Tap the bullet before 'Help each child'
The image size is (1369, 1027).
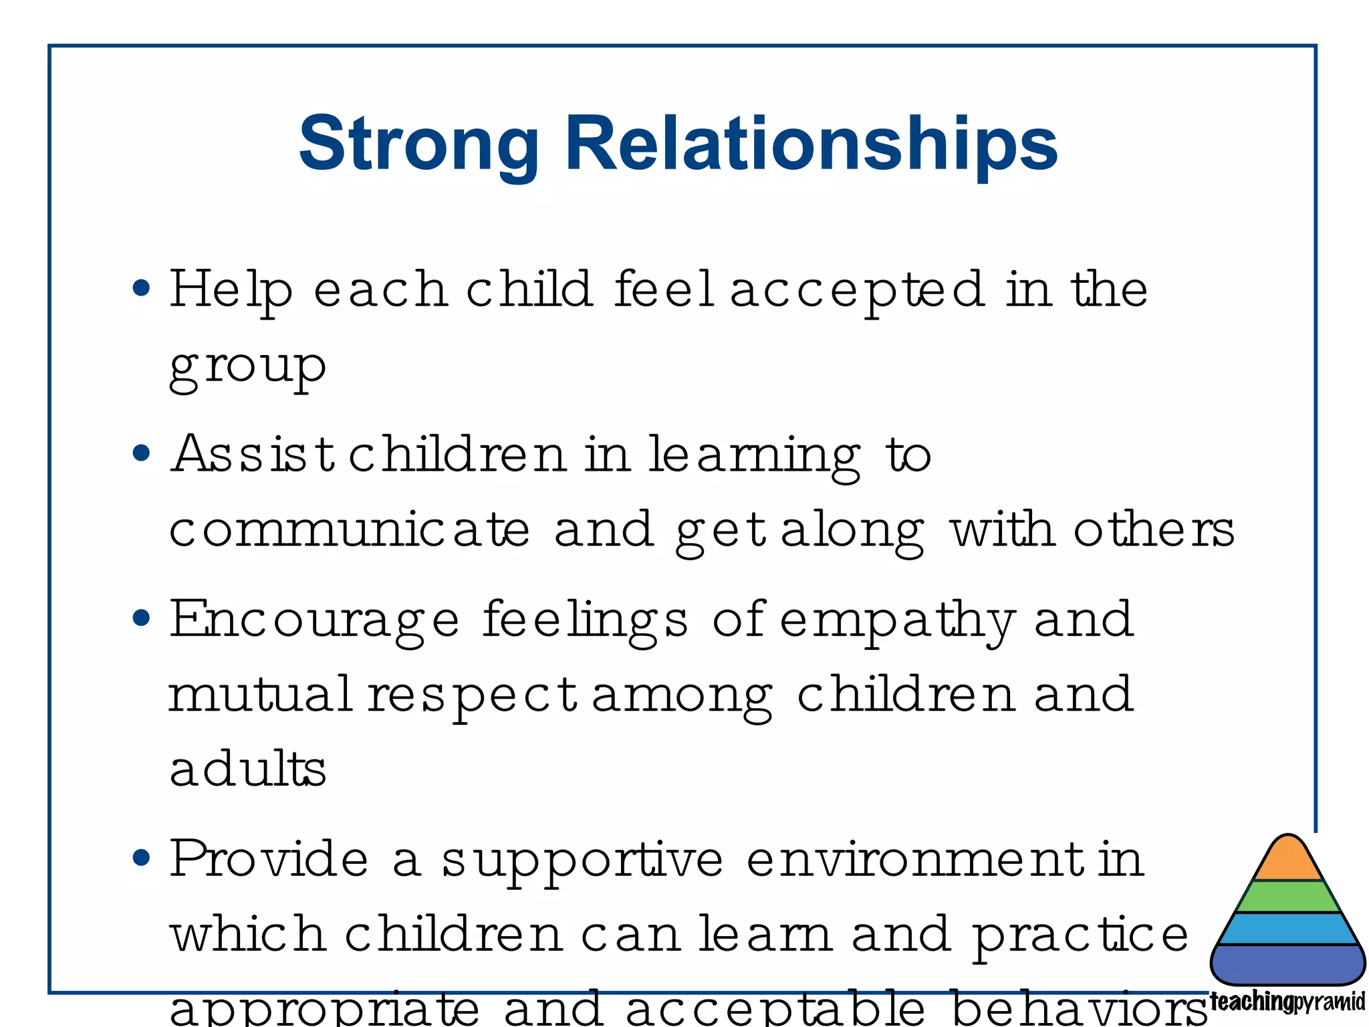point(141,288)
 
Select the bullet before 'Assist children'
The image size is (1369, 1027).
point(141,453)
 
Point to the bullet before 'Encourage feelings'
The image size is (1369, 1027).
point(141,618)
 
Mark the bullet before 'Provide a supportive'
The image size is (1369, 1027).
point(141,857)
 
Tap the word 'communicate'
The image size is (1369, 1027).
point(349,530)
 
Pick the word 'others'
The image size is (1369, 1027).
point(1154,530)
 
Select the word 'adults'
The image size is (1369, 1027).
point(247,768)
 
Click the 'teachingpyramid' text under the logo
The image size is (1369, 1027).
point(1287,1002)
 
